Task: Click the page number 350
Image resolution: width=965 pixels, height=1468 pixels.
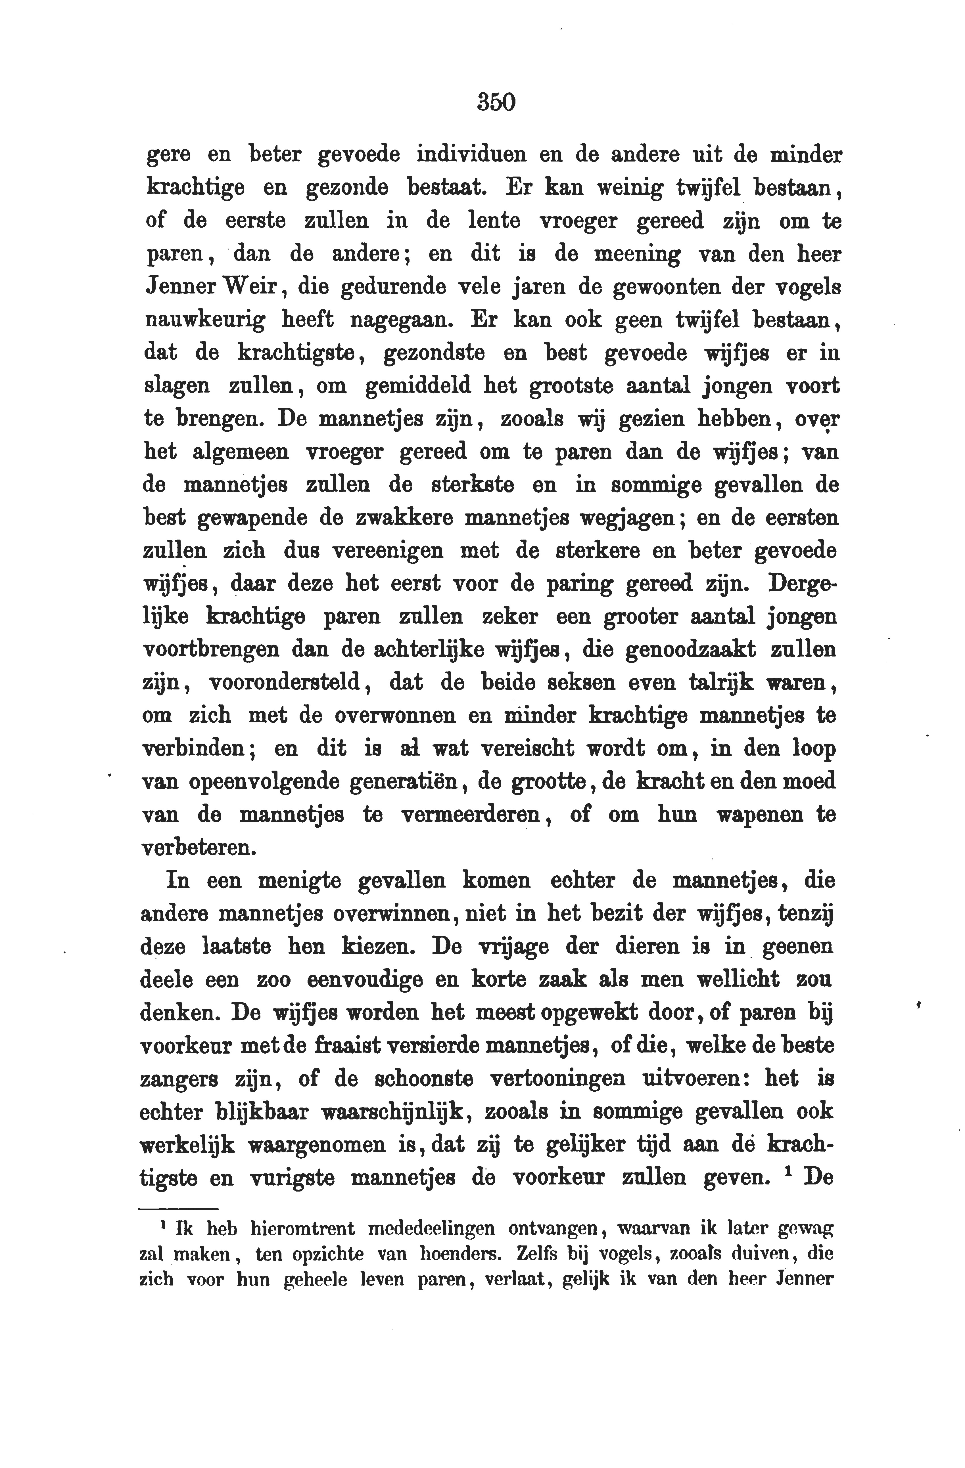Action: [496, 102]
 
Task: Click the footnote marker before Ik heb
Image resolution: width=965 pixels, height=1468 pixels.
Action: [162, 1225]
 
